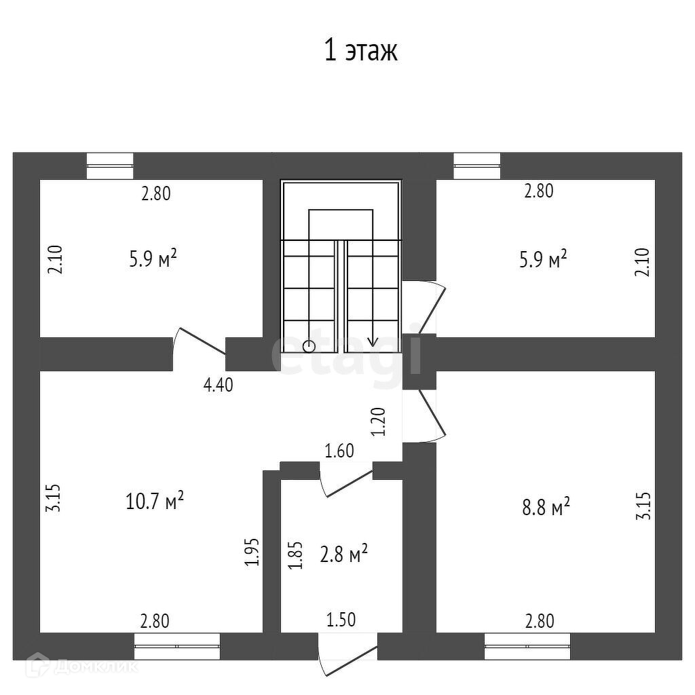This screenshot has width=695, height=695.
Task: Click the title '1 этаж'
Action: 360,51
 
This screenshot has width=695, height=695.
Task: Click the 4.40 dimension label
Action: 219,385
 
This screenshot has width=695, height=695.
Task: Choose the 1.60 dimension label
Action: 339,450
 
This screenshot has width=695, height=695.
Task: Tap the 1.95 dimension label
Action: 252,552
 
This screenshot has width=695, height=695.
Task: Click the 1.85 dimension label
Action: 294,555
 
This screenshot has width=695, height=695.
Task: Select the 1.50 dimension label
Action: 341,619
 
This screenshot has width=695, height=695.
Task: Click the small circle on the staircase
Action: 309,345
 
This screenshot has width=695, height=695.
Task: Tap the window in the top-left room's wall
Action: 110,166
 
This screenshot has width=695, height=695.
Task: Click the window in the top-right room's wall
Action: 477,166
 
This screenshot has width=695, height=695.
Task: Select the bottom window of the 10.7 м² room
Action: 177,646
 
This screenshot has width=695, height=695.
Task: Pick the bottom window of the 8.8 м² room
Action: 527,646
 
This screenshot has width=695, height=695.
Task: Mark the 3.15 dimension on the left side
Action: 54,497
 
